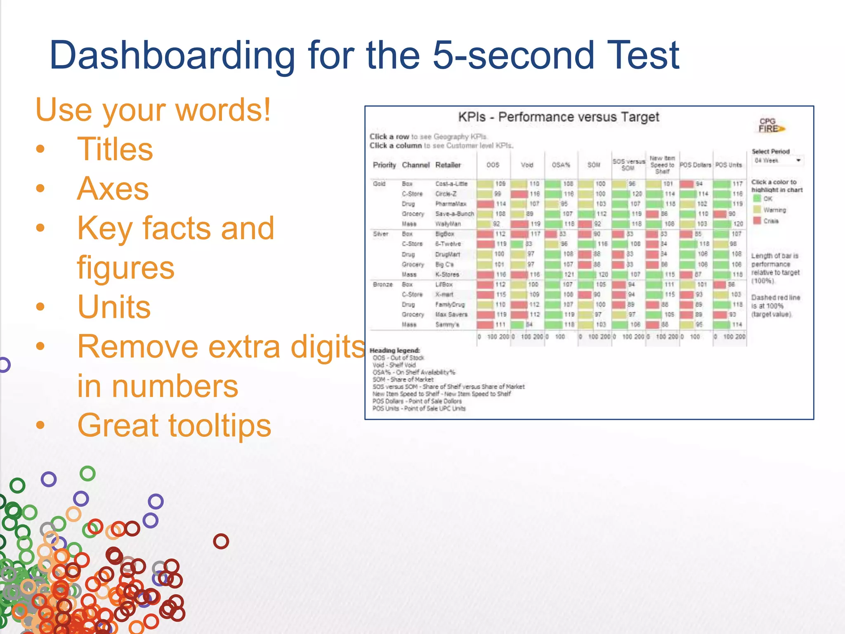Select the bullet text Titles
pos(115,149)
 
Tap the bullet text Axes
pos(113,189)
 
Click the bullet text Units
pos(114,307)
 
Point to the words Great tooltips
pos(174,426)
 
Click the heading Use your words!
pos(153,110)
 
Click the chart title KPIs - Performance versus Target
pos(558,117)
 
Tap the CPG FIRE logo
pos(770,125)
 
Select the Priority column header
pos(384,165)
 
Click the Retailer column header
pos(448,165)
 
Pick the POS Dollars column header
pos(695,165)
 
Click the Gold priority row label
pos(379,184)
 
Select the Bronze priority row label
pos(382,284)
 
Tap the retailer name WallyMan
pos(448,224)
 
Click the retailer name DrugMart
pos(447,254)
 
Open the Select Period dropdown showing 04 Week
pos(777,161)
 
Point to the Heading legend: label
pos(394,350)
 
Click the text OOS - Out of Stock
pos(398,358)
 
